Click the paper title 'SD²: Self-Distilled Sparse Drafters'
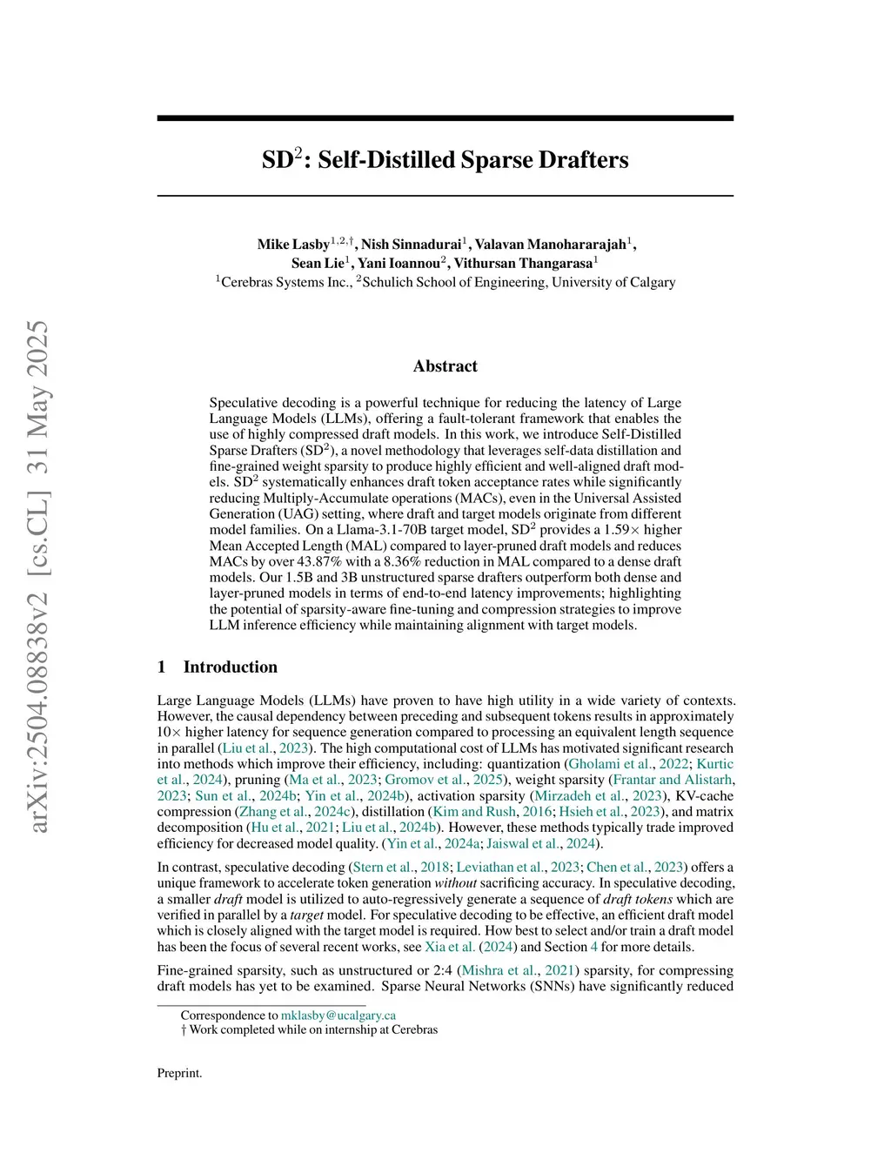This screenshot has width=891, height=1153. (445, 160)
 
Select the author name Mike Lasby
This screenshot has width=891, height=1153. (293, 245)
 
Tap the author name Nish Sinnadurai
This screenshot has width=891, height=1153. (411, 245)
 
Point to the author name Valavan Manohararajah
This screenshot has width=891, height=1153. (550, 245)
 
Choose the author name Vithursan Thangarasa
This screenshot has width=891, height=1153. (522, 263)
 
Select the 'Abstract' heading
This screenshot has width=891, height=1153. (445, 366)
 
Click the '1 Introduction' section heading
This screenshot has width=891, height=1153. (218, 667)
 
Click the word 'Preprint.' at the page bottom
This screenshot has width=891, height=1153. (179, 1073)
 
